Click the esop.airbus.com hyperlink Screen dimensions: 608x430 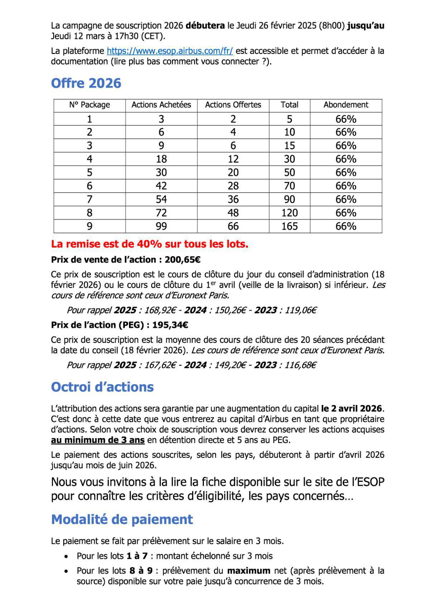pyautogui.click(x=170, y=51)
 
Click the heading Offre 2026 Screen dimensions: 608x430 pyautogui.click(x=86, y=83)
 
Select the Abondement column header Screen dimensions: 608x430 pyautogui.click(x=345, y=105)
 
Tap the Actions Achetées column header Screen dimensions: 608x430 pyautogui.click(x=161, y=105)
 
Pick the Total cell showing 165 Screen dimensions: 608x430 pyautogui.click(x=289, y=226)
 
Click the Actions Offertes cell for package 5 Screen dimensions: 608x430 pyautogui.click(x=233, y=173)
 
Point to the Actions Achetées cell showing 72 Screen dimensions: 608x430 pyautogui.click(x=161, y=213)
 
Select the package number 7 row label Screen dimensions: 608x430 pyautogui.click(x=89, y=200)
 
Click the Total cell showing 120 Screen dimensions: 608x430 pyautogui.click(x=289, y=213)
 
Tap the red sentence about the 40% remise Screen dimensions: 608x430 pyautogui.click(x=149, y=244)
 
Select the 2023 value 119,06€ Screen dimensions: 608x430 pyautogui.click(x=300, y=310)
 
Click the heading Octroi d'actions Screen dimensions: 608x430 pyautogui.click(x=102, y=387)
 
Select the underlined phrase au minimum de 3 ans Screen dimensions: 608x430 pyautogui.click(x=97, y=440)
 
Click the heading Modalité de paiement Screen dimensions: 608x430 pyautogui.click(x=122, y=520)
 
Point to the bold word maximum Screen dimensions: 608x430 pyautogui.click(x=249, y=571)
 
